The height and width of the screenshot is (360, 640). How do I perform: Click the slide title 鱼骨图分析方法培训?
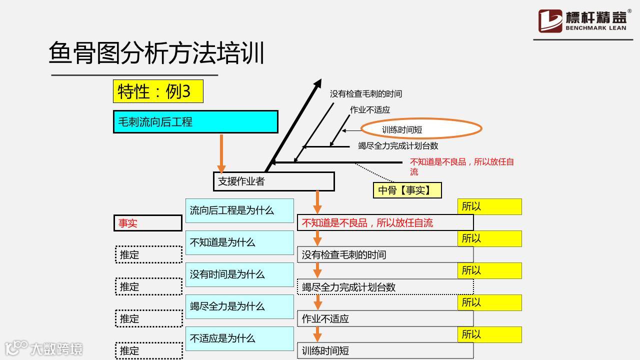pyautogui.click(x=156, y=53)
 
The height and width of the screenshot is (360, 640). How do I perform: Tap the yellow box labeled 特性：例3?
pyautogui.click(x=158, y=91)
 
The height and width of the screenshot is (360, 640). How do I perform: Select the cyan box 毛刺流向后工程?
pyautogui.click(x=195, y=122)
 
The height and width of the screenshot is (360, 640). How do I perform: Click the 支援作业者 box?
pyautogui.click(x=273, y=181)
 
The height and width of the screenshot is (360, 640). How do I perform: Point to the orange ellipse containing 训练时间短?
pyautogui.click(x=421, y=129)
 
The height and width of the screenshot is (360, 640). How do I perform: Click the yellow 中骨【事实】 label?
pyautogui.click(x=407, y=190)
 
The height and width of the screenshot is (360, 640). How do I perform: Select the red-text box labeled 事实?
pyautogui.click(x=147, y=223)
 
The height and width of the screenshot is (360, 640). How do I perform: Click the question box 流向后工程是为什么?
pyautogui.click(x=239, y=210)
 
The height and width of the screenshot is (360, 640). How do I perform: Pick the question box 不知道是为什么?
pyautogui.click(x=239, y=242)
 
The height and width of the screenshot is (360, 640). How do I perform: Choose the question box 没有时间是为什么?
pyautogui.click(x=239, y=274)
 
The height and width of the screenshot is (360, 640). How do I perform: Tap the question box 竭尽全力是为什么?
pyautogui.click(x=239, y=306)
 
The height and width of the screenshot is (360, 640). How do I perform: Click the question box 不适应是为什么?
pyautogui.click(x=239, y=338)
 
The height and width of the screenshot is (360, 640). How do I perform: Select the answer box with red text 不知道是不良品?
pyautogui.click(x=385, y=223)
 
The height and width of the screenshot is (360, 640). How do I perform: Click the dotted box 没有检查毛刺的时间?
pyautogui.click(x=385, y=255)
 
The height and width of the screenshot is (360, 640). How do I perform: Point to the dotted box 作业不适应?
pyautogui.click(x=385, y=318)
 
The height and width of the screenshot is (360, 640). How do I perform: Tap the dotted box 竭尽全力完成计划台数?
pyautogui.click(x=385, y=287)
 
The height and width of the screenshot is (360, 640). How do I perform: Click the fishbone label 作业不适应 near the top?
pyautogui.click(x=370, y=110)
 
